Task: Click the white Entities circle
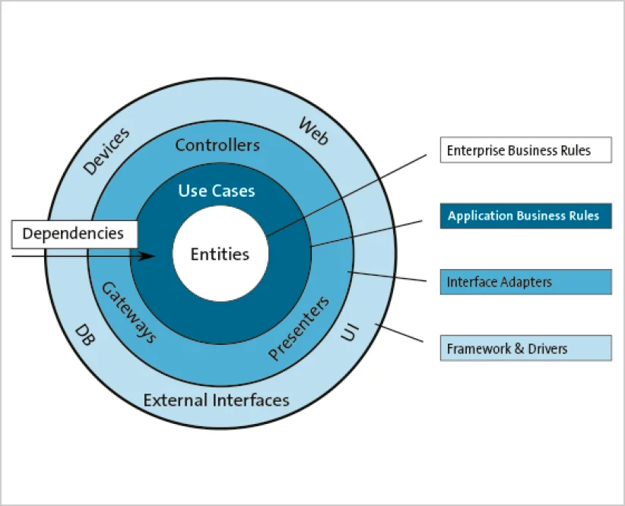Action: pos(220,254)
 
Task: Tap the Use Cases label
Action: pos(217,191)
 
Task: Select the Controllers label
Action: pos(217,145)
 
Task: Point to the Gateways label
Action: pos(128,313)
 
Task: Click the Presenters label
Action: pos(299,328)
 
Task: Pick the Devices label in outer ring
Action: pos(106,151)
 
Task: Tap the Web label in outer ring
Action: pos(314,131)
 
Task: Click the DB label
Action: pos(85,335)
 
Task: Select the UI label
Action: pos(350,332)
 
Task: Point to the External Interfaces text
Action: pos(216,400)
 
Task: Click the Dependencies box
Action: pos(75,234)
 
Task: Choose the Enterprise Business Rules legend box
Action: pos(525,150)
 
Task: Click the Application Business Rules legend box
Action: pos(525,216)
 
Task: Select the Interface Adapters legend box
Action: pos(525,282)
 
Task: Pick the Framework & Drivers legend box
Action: pos(525,348)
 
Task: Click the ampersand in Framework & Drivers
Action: pos(519,349)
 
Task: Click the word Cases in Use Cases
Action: pos(233,191)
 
